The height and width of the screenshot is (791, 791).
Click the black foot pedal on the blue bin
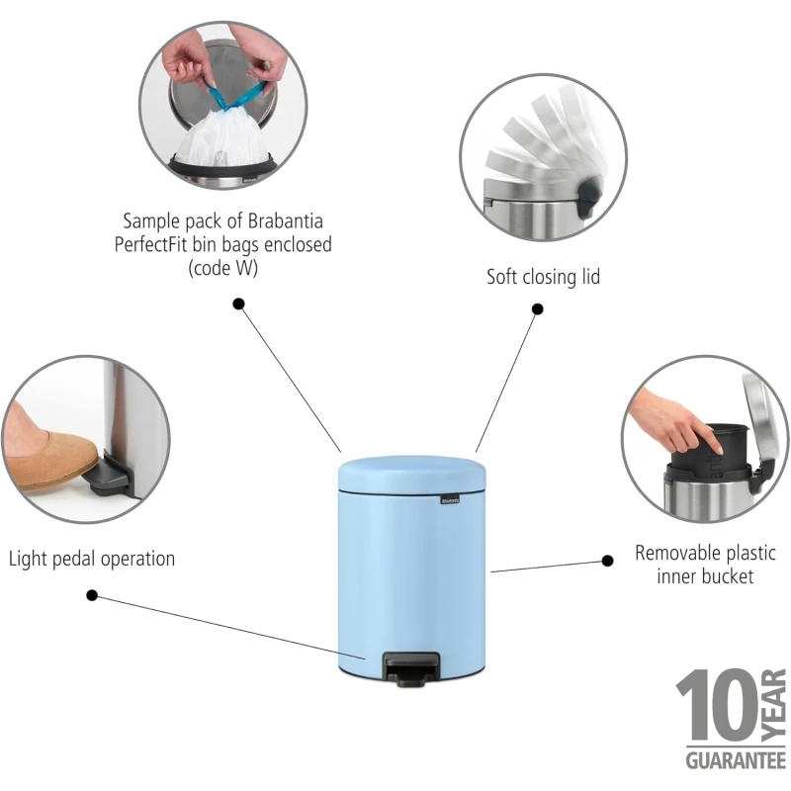click(410, 669)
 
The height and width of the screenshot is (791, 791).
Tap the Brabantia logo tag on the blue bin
click(450, 500)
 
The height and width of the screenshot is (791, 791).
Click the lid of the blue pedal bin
click(411, 475)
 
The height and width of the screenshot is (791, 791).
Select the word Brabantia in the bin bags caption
click(286, 220)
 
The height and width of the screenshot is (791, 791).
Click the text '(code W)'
click(223, 268)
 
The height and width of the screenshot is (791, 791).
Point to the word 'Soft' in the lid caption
click(502, 277)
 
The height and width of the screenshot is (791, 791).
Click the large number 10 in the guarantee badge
click(717, 705)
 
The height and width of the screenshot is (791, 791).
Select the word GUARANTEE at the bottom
click(736, 760)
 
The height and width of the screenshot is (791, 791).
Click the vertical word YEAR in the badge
click(773, 705)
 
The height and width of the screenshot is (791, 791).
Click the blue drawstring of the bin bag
click(235, 97)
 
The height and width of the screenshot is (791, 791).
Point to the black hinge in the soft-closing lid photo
click(589, 195)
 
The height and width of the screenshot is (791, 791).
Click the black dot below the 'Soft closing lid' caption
click(538, 308)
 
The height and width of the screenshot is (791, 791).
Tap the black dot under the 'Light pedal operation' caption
click(92, 595)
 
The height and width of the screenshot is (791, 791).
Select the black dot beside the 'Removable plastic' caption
click(608, 561)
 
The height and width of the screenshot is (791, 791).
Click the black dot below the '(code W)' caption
click(238, 304)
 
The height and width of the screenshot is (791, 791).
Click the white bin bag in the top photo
click(221, 137)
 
